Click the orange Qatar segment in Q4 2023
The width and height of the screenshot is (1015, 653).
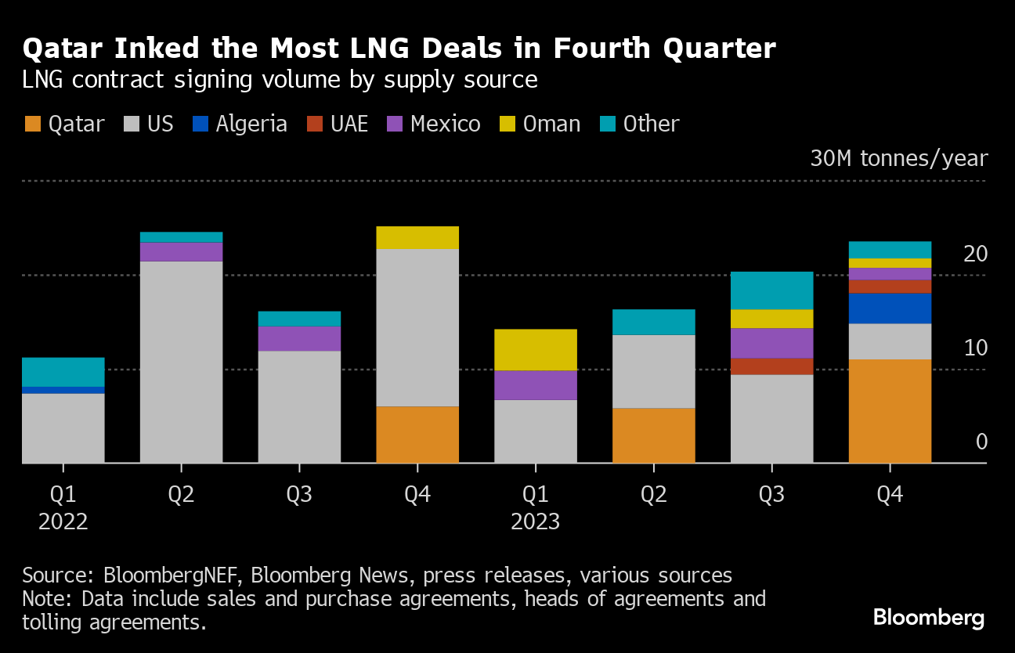[890, 411]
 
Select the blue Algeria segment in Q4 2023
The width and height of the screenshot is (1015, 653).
[890, 308]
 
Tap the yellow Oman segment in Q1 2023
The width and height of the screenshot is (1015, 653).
[536, 349]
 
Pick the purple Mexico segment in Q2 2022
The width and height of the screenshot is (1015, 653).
[181, 251]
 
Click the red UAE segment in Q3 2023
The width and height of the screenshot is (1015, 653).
[771, 366]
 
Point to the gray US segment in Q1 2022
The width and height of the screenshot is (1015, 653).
[63, 428]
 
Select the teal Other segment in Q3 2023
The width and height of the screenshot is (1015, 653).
[771, 290]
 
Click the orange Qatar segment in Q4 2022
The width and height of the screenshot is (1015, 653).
[417, 435]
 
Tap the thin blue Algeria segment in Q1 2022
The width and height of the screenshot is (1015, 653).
[63, 390]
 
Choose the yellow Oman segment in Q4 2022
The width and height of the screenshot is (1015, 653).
[417, 237]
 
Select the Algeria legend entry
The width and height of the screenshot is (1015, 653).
[240, 124]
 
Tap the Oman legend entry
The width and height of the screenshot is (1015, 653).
[541, 124]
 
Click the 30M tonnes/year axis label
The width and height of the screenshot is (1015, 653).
[898, 159]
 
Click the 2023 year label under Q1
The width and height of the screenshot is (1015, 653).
[536, 521]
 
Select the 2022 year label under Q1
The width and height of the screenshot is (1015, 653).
[63, 521]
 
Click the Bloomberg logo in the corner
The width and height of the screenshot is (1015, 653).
[928, 618]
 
